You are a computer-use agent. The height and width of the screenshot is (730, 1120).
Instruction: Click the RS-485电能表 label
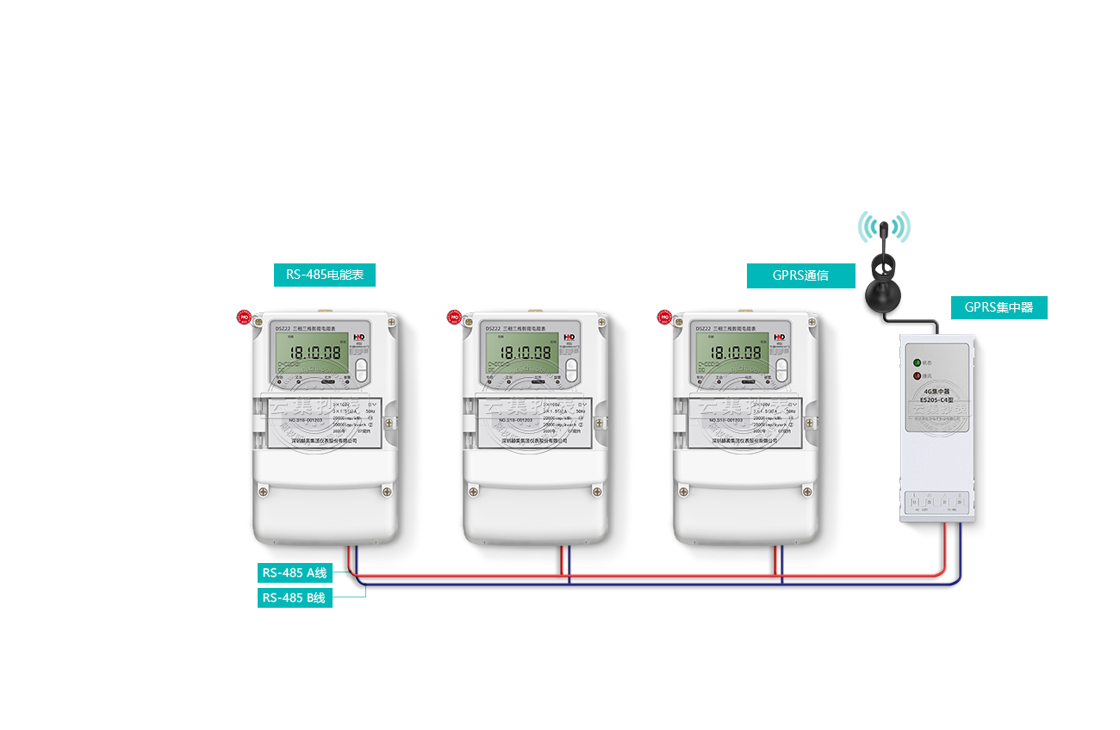pyautogui.click(x=324, y=275)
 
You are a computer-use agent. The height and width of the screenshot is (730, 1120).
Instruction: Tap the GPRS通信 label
pyautogui.click(x=800, y=275)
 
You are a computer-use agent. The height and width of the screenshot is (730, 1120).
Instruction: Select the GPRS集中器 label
pyautogui.click(x=999, y=307)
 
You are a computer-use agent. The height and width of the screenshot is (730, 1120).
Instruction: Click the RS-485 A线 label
pyautogui.click(x=295, y=572)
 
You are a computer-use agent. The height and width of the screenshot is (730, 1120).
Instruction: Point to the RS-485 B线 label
pyautogui.click(x=294, y=597)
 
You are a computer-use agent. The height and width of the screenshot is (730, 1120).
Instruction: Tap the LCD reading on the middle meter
pyautogui.click(x=526, y=352)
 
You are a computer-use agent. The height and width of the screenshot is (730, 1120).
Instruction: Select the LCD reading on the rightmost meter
pyautogui.click(x=736, y=352)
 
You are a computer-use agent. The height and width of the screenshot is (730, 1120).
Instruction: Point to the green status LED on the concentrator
pyautogui.click(x=917, y=362)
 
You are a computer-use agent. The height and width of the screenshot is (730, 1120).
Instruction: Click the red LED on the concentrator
pyautogui.click(x=917, y=375)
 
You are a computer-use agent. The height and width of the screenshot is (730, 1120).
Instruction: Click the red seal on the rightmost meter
pyautogui.click(x=664, y=317)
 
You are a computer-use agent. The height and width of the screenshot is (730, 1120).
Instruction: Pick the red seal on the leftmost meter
pyautogui.click(x=244, y=317)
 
